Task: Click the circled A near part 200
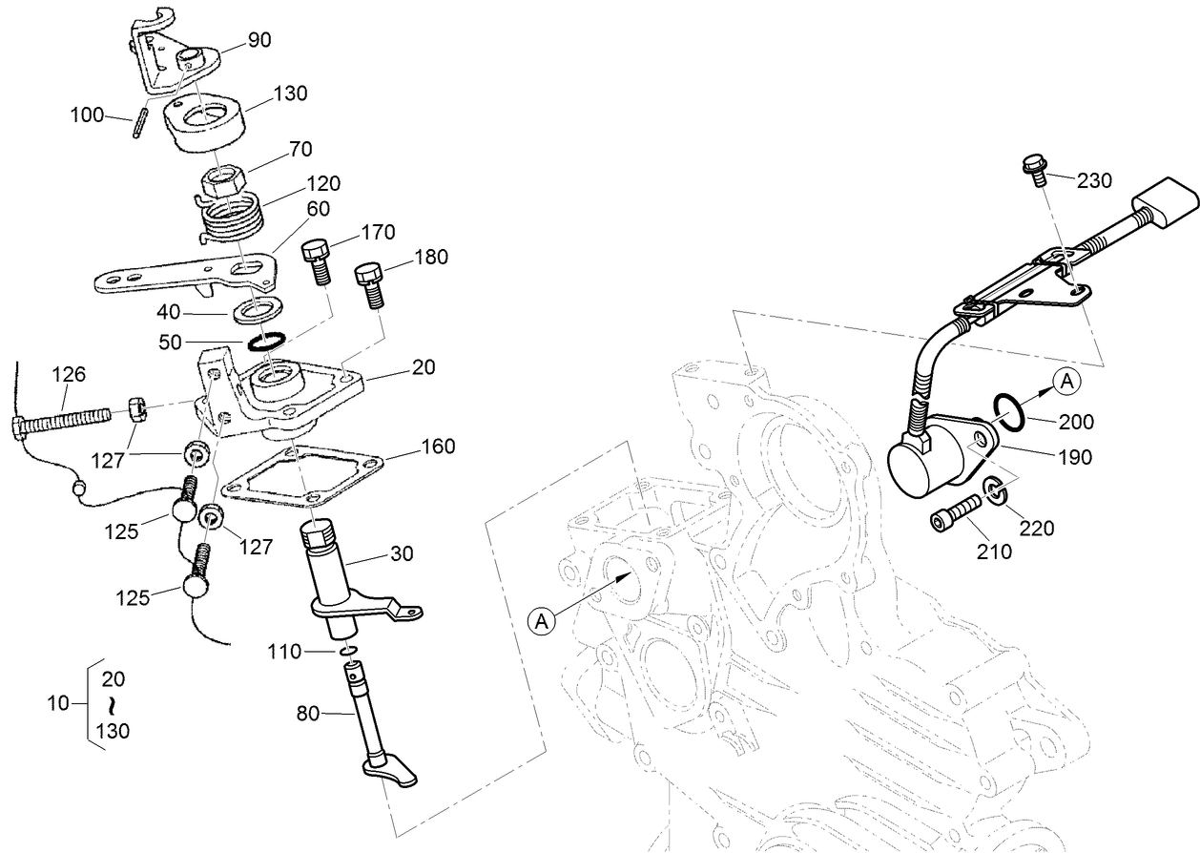pyautogui.click(x=1066, y=382)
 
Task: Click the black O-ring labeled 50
pyautogui.click(x=267, y=341)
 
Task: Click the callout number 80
pyautogui.click(x=309, y=712)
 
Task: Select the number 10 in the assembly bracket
pyautogui.click(x=59, y=704)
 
